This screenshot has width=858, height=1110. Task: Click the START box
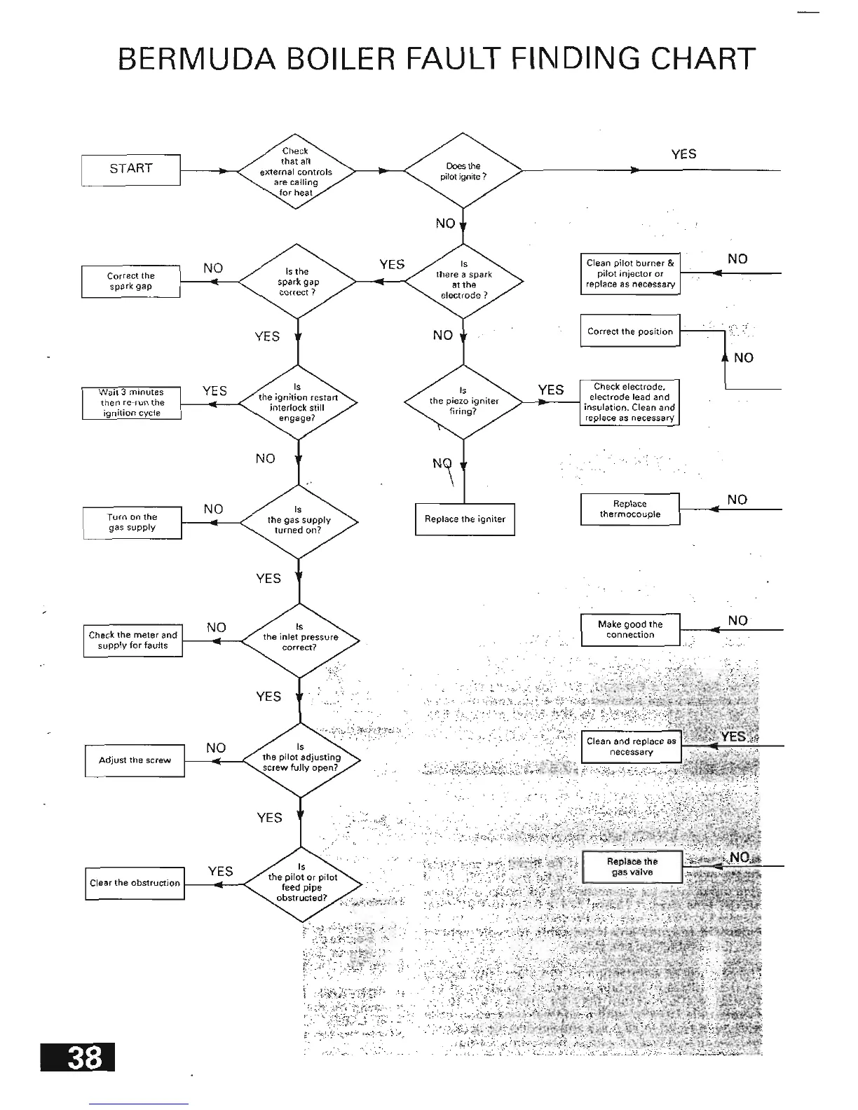[131, 170]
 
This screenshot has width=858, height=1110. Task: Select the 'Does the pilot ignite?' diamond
[463, 170]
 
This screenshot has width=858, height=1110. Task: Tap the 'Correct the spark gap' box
[131, 282]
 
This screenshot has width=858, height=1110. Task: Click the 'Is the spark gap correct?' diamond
[298, 282]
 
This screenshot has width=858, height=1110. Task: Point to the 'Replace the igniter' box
[465, 519]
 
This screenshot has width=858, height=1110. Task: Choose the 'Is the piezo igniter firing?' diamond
[463, 402]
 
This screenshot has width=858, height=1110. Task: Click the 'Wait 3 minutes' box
[132, 403]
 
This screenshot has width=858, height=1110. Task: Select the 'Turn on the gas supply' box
[132, 523]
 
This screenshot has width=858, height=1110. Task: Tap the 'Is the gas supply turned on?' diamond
[299, 521]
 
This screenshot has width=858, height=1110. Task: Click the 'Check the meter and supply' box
[133, 640]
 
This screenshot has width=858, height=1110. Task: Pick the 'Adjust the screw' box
[135, 760]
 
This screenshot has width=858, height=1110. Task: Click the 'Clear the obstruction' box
[135, 883]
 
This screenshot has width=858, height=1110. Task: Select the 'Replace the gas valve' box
[632, 867]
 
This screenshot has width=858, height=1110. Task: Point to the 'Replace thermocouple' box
[630, 509]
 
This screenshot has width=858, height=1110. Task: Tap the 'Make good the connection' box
[630, 629]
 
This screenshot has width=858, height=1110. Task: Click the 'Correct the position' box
[630, 331]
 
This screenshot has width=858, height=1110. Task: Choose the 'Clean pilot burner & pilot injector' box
[630, 274]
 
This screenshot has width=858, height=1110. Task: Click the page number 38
[78, 1057]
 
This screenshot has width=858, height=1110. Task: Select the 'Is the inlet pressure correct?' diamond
[300, 638]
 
